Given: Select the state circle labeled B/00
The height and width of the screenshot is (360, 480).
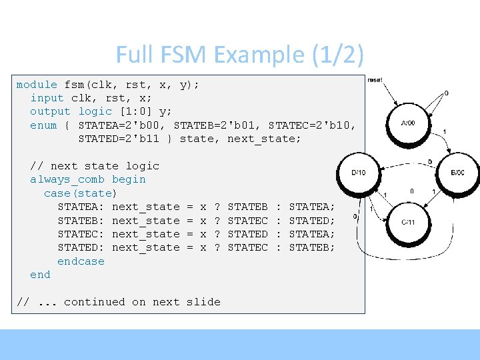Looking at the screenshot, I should point(457,173).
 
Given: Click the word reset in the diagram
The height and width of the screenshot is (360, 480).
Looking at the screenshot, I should point(375,80).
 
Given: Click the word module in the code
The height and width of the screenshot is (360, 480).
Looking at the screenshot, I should point(37,85).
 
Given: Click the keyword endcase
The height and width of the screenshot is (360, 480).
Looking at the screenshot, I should point(81,261).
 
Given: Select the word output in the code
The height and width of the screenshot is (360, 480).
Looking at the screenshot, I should point(50,111).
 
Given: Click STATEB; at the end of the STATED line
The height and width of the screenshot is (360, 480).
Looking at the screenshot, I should point(311,247).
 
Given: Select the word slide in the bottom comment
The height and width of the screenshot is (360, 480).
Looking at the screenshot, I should point(203,302).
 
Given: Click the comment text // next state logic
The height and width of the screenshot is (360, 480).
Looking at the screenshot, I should point(95,166).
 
